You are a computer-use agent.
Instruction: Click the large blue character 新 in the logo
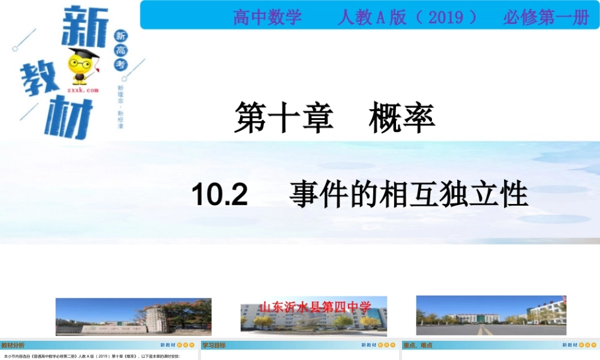coord(84,27)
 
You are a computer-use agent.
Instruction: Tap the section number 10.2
coord(220,195)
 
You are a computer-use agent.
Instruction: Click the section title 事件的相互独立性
coord(408,195)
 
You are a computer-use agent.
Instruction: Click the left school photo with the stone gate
coord(133,316)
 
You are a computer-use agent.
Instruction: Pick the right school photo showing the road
coord(491,315)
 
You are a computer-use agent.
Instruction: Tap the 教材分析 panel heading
coord(13,345)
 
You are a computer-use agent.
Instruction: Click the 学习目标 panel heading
coord(214,345)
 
